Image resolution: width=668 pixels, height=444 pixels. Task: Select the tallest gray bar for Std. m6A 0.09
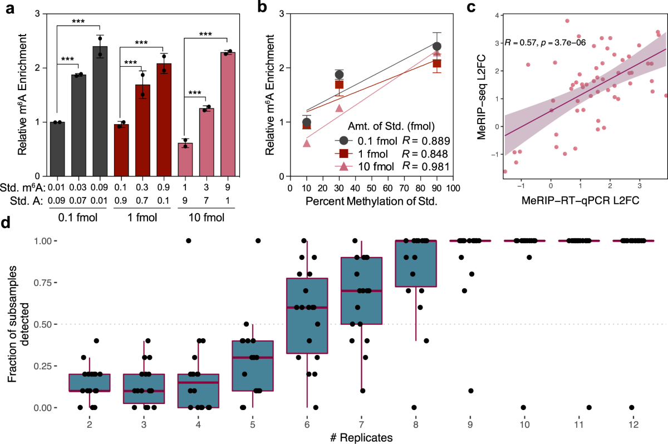100,111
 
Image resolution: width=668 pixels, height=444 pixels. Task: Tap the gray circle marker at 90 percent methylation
437,46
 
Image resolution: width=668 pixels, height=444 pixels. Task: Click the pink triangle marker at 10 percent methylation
307,143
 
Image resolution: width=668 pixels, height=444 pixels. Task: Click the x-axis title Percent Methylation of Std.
371,203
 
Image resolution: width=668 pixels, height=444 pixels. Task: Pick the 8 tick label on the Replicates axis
416,424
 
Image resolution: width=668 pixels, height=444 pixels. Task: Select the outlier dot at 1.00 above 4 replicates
188,240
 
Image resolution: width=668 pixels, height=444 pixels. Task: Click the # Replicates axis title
361,437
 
